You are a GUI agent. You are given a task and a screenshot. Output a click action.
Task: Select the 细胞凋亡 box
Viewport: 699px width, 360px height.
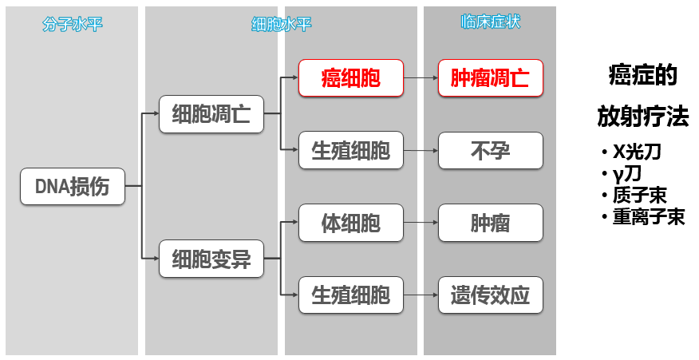click(211, 114)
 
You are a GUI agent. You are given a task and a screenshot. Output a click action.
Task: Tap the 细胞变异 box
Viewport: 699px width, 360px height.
click(211, 259)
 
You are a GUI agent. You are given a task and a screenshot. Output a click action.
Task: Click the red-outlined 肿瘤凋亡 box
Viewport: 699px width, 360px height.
click(490, 78)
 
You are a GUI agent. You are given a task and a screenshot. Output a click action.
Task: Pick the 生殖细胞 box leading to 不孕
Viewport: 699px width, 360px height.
click(350, 150)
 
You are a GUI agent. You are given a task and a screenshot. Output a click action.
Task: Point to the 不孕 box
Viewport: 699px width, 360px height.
click(490, 150)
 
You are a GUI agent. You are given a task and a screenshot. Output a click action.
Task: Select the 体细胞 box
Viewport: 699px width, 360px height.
click(350, 223)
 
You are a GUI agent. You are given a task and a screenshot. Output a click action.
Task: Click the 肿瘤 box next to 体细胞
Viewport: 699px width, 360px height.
click(490, 223)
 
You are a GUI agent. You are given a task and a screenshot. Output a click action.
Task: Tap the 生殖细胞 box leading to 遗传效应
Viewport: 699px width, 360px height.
click(350, 295)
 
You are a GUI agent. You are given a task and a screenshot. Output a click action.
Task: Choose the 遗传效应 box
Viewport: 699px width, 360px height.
click(490, 295)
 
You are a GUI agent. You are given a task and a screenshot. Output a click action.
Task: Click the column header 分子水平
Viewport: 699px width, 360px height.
click(73, 23)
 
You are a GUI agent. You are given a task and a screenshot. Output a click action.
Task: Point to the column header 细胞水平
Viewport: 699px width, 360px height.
click(281, 23)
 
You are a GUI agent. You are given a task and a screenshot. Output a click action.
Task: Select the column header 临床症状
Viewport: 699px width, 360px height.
click(490, 22)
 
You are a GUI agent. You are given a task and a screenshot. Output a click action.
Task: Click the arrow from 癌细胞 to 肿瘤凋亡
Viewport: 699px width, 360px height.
click(421, 78)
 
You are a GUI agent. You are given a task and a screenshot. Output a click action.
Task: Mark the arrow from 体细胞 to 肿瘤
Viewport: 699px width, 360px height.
click(421, 223)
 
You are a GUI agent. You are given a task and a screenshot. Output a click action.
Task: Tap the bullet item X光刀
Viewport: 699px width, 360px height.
click(637, 152)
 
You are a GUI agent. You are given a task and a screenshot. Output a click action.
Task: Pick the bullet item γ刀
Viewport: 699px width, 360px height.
click(626, 173)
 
